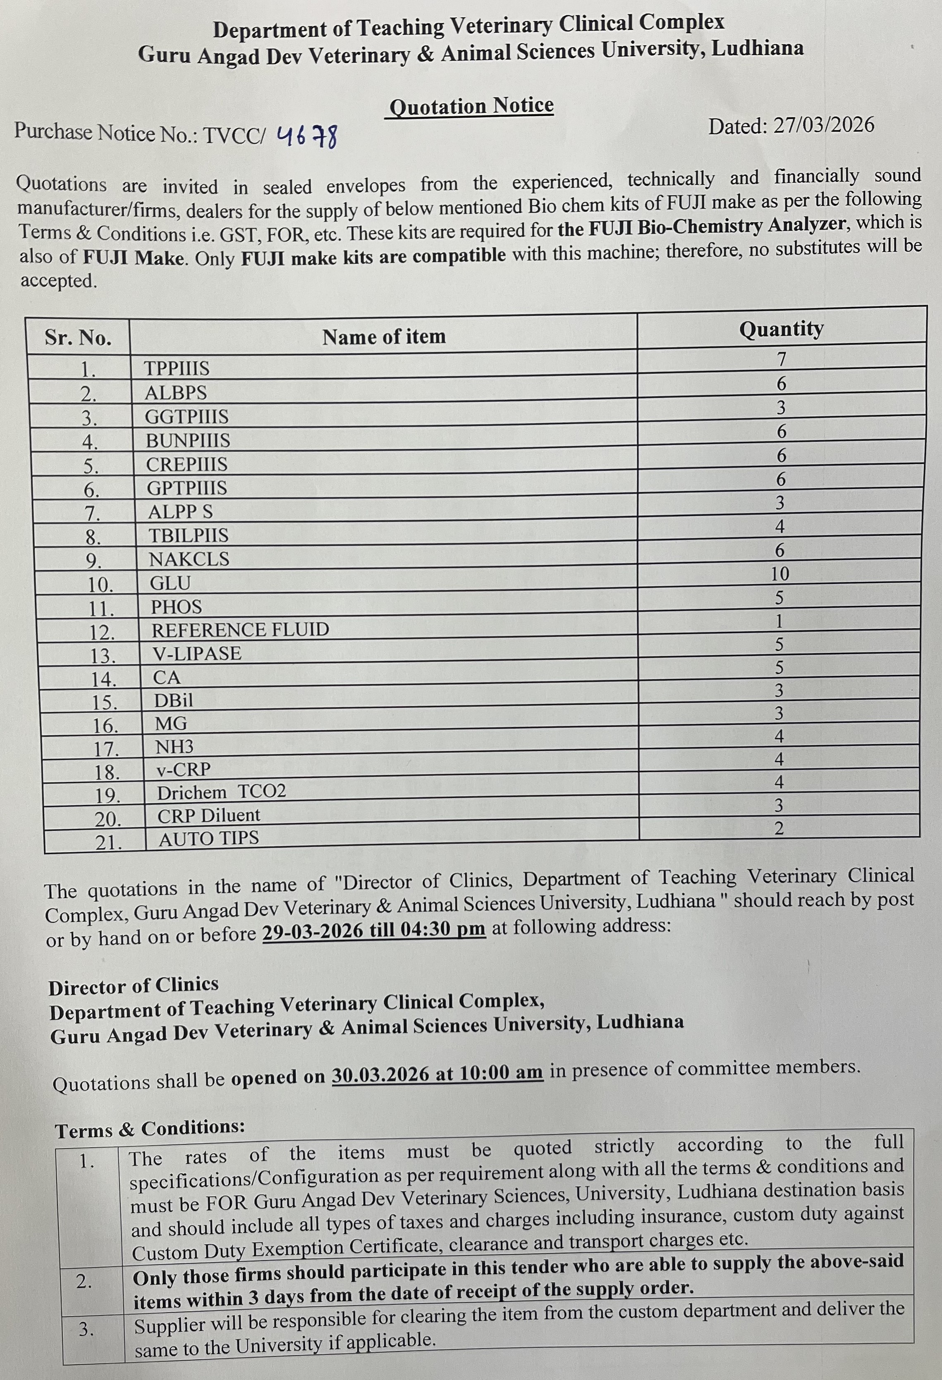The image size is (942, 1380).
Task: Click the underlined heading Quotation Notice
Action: coord(471,106)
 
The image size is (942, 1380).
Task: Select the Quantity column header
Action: coord(781,328)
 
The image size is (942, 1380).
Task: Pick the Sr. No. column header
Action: coord(78,338)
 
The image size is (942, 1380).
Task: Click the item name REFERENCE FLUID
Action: coord(240,629)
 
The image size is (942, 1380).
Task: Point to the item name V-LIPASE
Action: coord(197,654)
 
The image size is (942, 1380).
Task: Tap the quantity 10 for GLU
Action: coord(780,573)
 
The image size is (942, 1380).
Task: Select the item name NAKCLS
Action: coord(189,559)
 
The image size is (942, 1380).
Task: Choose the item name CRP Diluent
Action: coord(208,815)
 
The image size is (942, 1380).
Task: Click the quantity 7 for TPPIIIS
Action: coord(782,359)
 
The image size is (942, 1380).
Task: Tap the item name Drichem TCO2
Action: coord(221,792)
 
